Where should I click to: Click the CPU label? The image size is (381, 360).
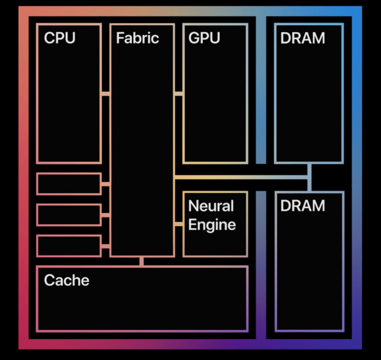point(59,38)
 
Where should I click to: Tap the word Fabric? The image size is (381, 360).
point(137,38)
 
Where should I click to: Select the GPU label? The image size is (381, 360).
point(204,38)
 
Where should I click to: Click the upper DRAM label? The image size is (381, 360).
point(302,38)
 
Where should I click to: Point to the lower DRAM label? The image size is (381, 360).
point(302,205)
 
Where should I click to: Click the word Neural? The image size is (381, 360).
point(211,205)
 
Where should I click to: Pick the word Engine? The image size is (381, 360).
point(212,225)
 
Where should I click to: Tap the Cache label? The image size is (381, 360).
point(66,280)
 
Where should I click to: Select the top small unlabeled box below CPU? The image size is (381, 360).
point(69,184)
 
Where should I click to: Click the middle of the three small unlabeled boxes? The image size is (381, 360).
point(69,215)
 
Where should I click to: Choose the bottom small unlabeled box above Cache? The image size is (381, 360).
point(69,246)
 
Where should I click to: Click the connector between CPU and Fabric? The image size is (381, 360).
point(106,94)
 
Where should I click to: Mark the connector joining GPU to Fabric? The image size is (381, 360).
point(179,94)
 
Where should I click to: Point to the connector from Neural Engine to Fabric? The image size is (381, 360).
point(179,225)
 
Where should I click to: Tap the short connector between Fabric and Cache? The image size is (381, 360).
point(142,261)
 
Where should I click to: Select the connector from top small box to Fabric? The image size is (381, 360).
point(106,184)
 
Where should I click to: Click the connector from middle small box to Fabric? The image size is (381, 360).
point(106,215)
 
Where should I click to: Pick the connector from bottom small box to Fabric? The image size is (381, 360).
point(106,246)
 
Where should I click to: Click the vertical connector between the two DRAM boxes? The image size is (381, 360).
point(309,177)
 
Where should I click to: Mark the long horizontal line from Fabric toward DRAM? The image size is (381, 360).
point(238,177)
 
